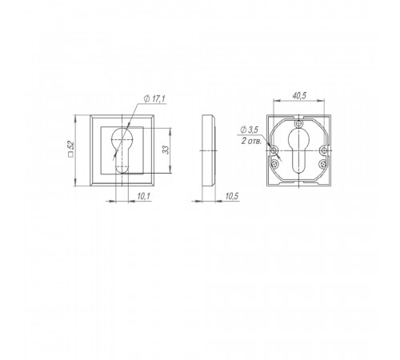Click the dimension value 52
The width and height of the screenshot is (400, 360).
coord(71,146)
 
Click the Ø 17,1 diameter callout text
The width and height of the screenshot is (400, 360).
coord(154,99)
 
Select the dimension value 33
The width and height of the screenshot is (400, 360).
coord(166,150)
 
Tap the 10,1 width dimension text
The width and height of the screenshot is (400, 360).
coord(144,197)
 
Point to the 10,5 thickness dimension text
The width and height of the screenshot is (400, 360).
coord(232,197)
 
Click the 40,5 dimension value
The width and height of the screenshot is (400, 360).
coord(299,96)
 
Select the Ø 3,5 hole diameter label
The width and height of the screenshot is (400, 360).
coord(249,130)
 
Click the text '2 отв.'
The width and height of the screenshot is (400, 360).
coord(251,141)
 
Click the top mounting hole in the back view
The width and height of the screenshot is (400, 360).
coord(298,123)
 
